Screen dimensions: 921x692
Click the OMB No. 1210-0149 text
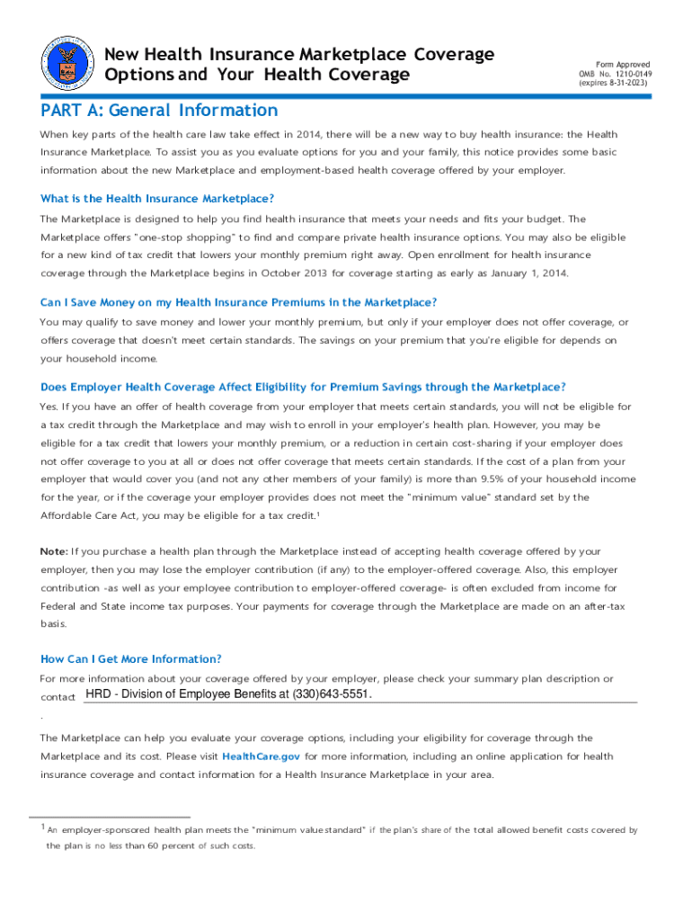pos(614,74)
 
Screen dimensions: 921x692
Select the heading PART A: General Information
pos(159,111)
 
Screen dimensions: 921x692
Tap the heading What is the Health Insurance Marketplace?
pos(157,198)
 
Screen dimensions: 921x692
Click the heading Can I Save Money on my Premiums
pos(238,302)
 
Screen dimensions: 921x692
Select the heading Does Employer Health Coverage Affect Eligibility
pos(303,387)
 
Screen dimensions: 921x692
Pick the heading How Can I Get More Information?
pos(131,658)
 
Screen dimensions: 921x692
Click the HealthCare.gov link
pos(261,756)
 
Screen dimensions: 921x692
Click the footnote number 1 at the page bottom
pos(42,827)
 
